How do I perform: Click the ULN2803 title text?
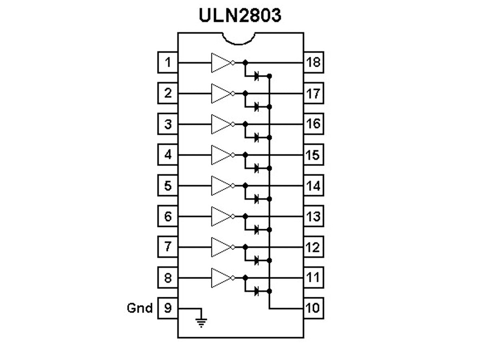pyautogui.click(x=240, y=16)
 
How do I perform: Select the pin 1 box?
pyautogui.click(x=168, y=63)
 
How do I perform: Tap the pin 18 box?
pyautogui.click(x=313, y=63)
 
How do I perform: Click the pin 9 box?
pyautogui.click(x=168, y=308)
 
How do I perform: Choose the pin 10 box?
pyautogui.click(x=313, y=308)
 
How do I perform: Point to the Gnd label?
pyautogui.click(x=140, y=308)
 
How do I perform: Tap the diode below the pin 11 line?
pyautogui.click(x=257, y=290)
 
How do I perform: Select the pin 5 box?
pyautogui.click(x=168, y=186)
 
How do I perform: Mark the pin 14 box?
pyautogui.click(x=313, y=186)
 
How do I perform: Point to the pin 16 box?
pyautogui.click(x=313, y=124)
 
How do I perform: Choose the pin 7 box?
pyautogui.click(x=168, y=247)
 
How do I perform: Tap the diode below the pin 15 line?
pyautogui.click(x=257, y=168)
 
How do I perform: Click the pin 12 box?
pyautogui.click(x=313, y=247)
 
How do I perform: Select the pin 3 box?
pyautogui.click(x=168, y=124)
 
